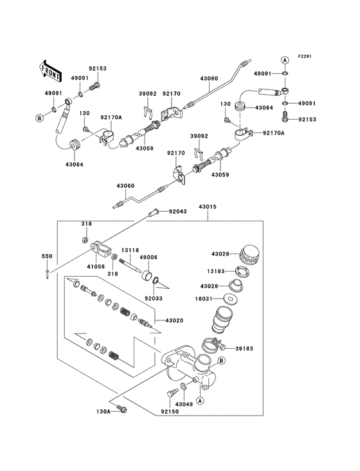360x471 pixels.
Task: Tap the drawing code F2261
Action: (304, 57)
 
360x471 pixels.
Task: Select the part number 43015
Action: (207, 207)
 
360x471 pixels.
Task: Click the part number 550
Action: (46, 256)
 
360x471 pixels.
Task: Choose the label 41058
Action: (96, 265)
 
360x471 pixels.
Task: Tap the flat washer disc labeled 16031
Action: (230, 299)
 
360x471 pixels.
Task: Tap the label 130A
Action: (104, 410)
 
